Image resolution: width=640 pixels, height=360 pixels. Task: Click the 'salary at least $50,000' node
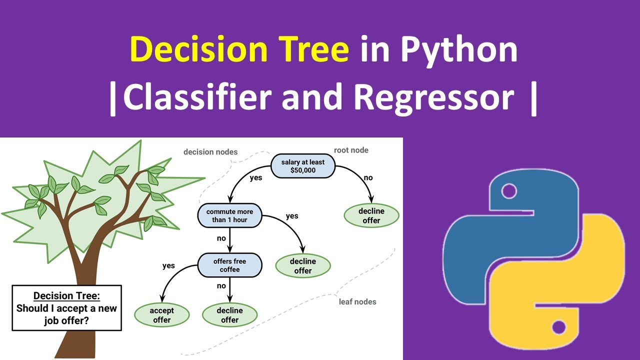tap(303, 166)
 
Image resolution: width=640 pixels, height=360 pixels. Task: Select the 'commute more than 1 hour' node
tap(229, 215)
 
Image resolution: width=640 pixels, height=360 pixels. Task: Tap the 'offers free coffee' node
tap(229, 265)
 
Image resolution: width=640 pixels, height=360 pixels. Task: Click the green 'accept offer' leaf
tap(161, 315)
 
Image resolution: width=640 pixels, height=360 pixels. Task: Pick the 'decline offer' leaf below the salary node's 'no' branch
tap(371, 215)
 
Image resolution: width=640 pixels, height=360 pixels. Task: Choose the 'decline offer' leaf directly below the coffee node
tap(229, 315)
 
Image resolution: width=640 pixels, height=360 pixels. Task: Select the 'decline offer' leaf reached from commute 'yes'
tap(303, 265)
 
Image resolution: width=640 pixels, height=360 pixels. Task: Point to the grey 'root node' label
tap(351, 150)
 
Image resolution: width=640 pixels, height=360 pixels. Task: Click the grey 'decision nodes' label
tap(210, 151)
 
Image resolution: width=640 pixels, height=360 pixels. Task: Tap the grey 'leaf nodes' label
tap(357, 301)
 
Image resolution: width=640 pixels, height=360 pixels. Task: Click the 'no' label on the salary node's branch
tap(367, 177)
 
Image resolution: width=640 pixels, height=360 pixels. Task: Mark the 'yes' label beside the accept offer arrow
tap(168, 265)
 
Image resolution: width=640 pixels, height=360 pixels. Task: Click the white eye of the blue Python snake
tap(509, 190)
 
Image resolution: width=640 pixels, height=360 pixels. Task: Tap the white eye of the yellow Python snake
tap(558, 328)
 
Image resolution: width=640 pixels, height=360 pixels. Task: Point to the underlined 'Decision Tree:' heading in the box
tap(66, 296)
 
